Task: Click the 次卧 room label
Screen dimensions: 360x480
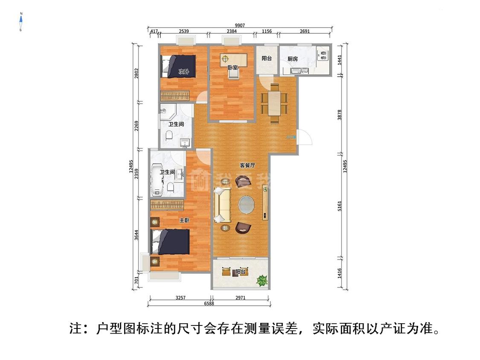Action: (183, 71)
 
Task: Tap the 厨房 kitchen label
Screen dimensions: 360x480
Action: (293, 59)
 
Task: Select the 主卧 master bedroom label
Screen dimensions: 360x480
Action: (184, 221)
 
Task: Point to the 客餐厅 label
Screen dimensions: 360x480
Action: (247, 165)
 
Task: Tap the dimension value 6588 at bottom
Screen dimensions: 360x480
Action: (209, 303)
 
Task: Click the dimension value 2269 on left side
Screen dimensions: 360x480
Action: (137, 127)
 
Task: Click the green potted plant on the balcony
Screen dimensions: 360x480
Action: (262, 280)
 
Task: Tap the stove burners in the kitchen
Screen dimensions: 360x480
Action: (323, 55)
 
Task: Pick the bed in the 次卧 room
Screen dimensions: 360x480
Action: (179, 66)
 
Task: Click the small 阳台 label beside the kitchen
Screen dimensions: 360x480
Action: (267, 58)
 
